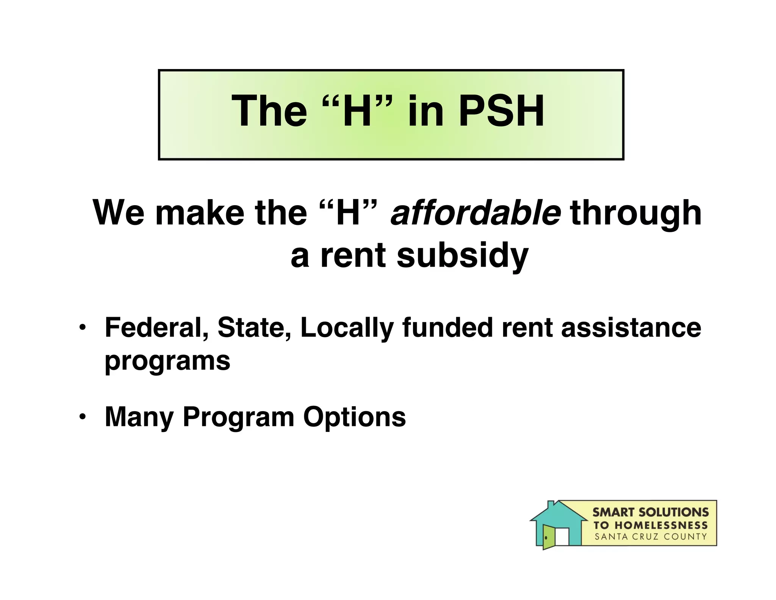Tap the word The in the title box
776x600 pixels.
[x=269, y=111]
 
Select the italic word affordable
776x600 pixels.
[x=475, y=213]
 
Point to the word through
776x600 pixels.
[x=635, y=213]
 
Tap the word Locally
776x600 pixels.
[x=347, y=327]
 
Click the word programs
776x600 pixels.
[x=167, y=361]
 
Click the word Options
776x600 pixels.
[x=354, y=417]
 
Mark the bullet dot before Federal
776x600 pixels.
[x=82, y=328]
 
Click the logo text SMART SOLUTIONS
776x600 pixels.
[x=650, y=512]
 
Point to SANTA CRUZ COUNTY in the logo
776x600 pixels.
[x=650, y=537]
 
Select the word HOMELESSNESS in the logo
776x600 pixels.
[x=661, y=525]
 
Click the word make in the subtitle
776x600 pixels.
[x=200, y=213]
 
